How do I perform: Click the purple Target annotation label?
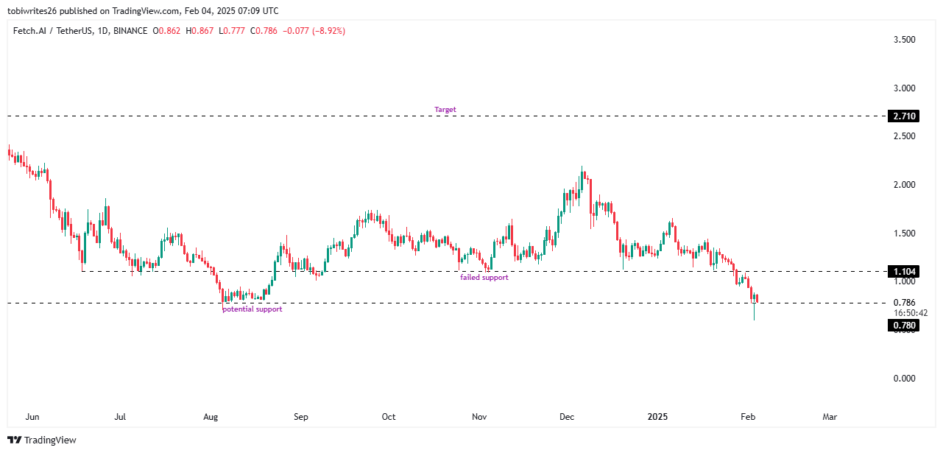tap(445, 110)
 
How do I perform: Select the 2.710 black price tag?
tap(903, 116)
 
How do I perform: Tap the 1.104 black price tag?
tap(903, 272)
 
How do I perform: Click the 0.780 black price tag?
tap(903, 326)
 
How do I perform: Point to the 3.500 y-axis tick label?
tap(903, 40)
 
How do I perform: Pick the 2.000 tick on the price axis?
tap(903, 185)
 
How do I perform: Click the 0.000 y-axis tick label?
tap(903, 379)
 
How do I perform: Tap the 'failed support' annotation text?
tap(484, 278)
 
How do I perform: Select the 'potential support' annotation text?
tap(252, 309)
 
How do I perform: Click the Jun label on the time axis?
tap(32, 417)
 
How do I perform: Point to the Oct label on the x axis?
tap(389, 417)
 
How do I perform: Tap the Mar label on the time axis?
tap(830, 417)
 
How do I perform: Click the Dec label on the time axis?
tap(566, 417)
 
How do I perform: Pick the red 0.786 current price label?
tap(903, 302)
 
